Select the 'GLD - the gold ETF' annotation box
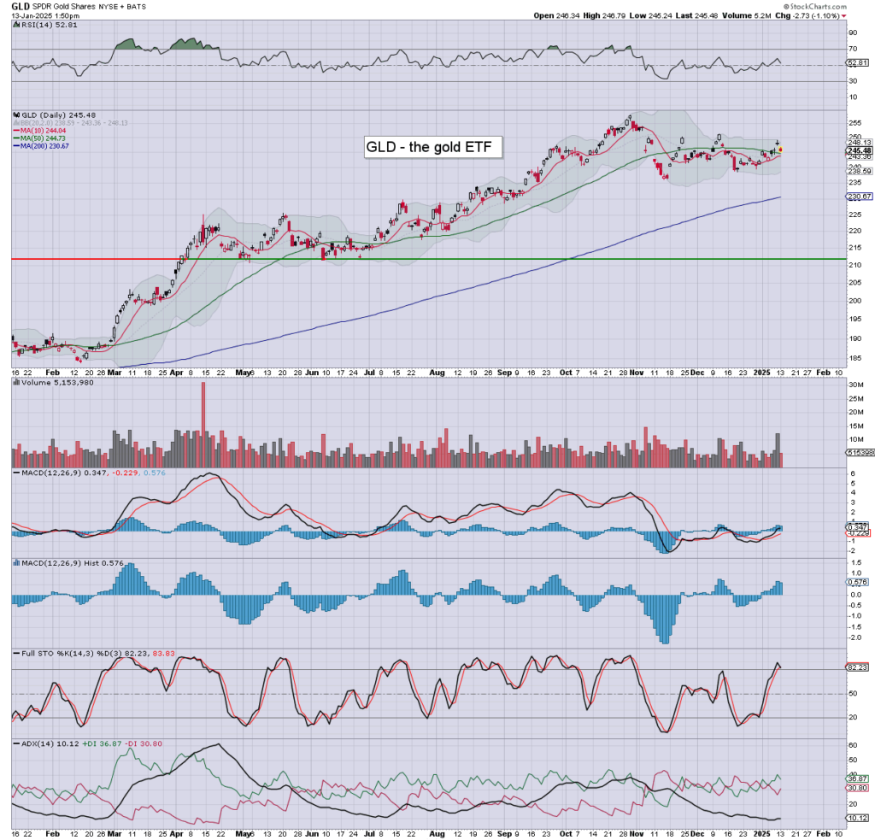(x=433, y=148)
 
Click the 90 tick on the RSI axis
(x=853, y=32)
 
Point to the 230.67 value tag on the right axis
(x=857, y=197)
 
